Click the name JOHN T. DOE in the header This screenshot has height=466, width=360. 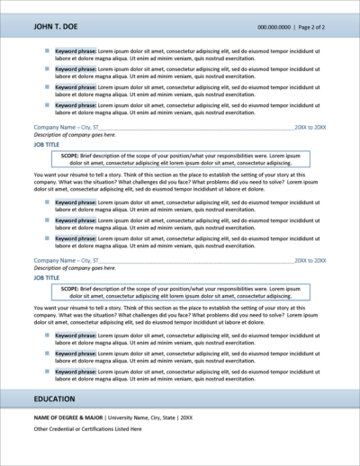[x=59, y=28]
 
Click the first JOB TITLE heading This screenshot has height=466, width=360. [x=49, y=143]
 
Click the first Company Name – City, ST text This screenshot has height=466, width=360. [x=65, y=128]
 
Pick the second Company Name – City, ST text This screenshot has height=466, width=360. [x=65, y=261]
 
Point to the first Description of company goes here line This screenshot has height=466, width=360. [x=74, y=135]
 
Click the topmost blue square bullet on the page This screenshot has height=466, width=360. [x=49, y=53]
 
